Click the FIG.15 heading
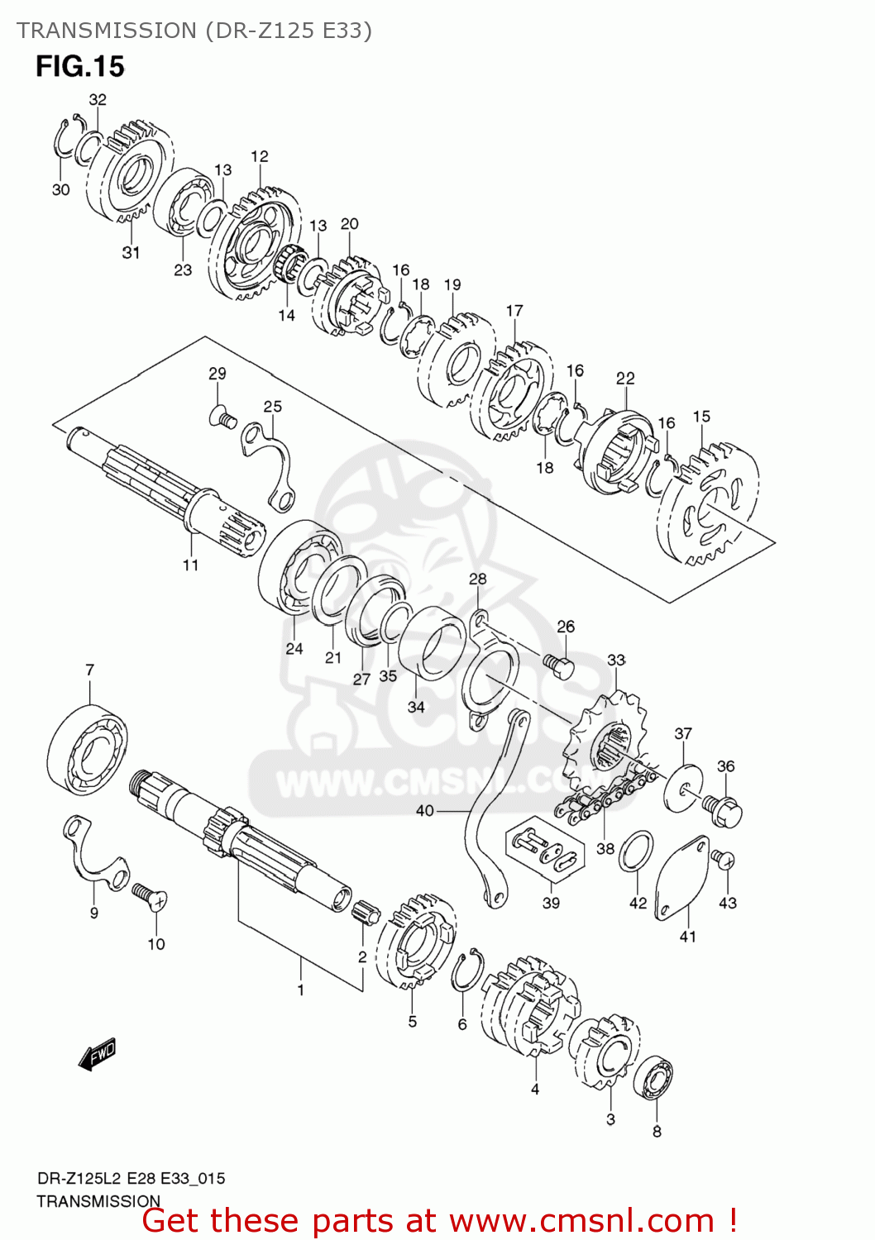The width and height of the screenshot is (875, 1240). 79,66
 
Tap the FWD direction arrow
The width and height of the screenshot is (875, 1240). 98,1054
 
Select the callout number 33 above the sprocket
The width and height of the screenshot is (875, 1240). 616,660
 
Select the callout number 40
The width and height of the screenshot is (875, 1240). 424,810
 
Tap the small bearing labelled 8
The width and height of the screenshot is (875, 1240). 654,1079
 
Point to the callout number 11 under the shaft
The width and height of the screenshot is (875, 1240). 191,565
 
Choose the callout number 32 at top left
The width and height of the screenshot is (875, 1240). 98,100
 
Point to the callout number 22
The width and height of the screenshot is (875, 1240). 625,379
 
